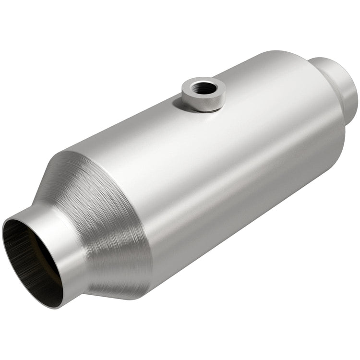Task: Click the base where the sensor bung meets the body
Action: pyautogui.click(x=202, y=109)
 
